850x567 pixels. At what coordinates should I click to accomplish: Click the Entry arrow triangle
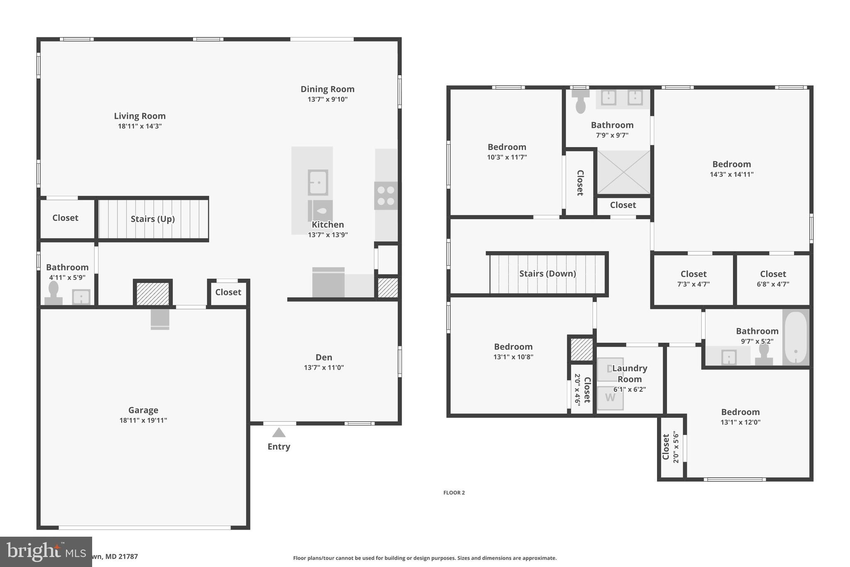coord(278,433)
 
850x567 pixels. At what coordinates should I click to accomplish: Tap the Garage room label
coord(143,410)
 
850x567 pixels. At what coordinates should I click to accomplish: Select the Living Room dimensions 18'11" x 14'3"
coord(140,126)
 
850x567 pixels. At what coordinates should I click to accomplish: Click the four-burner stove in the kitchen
coord(386,196)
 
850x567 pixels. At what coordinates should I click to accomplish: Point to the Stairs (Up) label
coord(153,219)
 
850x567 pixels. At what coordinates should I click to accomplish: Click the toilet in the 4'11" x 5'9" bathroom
coord(54,293)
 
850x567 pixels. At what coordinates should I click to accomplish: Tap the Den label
coord(324,357)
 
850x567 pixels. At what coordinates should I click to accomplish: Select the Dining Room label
coord(327,89)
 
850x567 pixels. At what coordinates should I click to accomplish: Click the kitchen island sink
coord(318,182)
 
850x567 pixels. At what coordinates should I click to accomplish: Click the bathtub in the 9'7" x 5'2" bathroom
coord(796,337)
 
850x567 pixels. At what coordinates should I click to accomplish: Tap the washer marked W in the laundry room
coord(610,398)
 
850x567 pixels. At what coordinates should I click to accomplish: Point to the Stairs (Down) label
coord(547,273)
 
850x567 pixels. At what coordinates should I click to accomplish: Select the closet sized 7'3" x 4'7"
coord(694,279)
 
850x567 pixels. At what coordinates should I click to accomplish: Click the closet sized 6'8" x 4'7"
coord(773,279)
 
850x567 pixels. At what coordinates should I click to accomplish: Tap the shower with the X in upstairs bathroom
coord(623,172)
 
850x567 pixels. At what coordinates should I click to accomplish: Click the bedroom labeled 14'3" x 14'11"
coord(731,169)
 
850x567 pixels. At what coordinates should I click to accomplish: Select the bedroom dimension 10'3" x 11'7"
coord(507,157)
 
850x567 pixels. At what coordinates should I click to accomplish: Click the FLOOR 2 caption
coord(454,493)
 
